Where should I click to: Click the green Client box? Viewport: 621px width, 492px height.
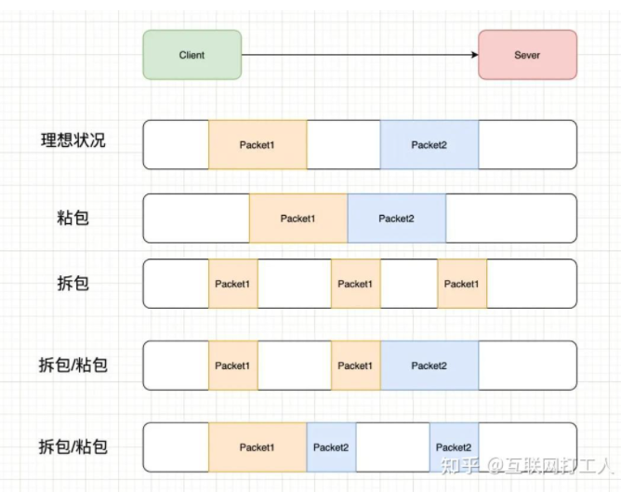pos(192,55)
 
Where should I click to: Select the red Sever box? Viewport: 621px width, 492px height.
pos(527,55)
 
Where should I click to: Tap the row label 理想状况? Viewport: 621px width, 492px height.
pos(73,141)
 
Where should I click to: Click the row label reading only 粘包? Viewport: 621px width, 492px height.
pos(73,218)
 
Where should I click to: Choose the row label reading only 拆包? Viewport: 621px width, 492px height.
pos(73,283)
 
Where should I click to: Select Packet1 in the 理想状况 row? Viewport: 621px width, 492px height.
pos(258,144)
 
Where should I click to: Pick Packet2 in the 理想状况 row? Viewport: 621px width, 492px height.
pos(429,144)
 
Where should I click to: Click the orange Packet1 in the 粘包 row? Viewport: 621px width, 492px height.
pos(298,219)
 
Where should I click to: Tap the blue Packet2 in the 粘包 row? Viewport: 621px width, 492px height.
pos(397,219)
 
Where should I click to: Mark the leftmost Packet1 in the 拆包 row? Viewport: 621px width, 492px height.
pos(232,284)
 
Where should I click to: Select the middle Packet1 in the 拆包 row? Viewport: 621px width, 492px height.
pos(355,284)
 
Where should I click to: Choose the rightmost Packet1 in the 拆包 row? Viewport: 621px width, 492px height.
pos(461,284)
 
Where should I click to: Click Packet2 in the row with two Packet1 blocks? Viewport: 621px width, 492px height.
pos(429,366)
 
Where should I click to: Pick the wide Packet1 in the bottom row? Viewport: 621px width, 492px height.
pos(258,447)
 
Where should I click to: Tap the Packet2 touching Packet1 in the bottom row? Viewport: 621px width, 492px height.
pos(331,447)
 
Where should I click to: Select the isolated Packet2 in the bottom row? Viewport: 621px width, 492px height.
pos(454,447)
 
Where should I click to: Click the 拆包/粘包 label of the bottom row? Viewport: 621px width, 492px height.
pos(73,446)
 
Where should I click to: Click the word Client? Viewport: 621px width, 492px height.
pos(192,55)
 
